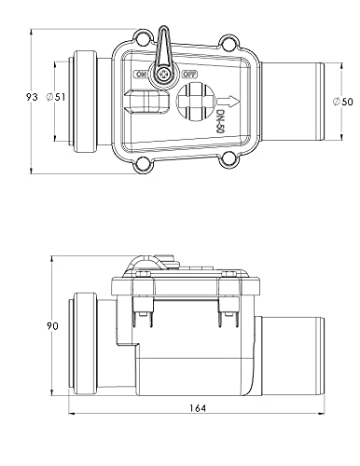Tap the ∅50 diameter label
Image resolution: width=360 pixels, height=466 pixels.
(340, 100)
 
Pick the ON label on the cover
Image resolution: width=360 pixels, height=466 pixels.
(142, 74)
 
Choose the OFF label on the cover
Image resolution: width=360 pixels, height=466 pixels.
(190, 74)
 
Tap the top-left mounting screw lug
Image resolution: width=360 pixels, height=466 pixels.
(142, 39)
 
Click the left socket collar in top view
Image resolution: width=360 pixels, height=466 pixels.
(87, 102)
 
